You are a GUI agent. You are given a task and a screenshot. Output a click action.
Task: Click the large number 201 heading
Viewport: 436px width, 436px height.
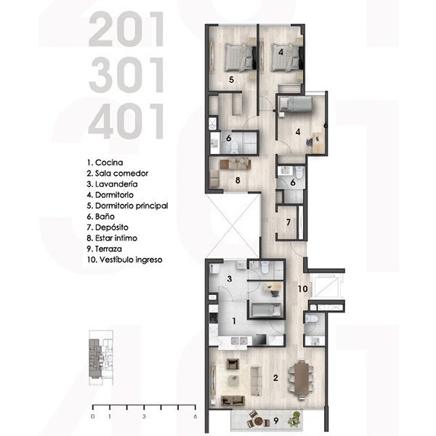tap(126, 29)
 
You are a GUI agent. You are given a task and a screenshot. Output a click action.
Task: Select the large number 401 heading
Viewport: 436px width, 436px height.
tap(126, 121)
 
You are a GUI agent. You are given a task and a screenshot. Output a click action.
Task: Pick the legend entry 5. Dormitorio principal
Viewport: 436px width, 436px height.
tap(127, 206)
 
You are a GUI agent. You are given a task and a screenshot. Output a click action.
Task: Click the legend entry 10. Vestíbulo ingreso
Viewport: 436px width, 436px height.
tap(124, 259)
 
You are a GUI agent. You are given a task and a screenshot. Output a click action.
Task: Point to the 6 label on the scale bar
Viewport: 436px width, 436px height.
tap(195, 416)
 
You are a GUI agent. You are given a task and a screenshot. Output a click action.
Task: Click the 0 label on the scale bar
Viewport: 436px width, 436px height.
tap(93, 416)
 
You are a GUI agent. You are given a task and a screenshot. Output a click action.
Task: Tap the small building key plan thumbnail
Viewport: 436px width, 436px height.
tap(101, 358)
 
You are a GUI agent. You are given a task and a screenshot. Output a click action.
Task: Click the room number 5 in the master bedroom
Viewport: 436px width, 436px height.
tap(231, 80)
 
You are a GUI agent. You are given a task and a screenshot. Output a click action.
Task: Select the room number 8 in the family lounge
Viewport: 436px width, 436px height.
tap(238, 180)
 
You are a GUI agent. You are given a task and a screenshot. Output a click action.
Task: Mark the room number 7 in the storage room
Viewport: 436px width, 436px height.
tap(288, 222)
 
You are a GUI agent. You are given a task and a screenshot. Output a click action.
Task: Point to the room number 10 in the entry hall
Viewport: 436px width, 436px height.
tap(303, 289)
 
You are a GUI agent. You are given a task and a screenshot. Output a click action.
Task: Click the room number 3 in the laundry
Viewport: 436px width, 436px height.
tap(230, 278)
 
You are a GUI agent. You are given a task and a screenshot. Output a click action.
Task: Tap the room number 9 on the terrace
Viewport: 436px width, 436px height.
tap(276, 421)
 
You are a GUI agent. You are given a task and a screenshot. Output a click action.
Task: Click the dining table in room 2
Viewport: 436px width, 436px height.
tap(302, 379)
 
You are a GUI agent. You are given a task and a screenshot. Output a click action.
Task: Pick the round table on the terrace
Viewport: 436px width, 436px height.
tap(259, 421)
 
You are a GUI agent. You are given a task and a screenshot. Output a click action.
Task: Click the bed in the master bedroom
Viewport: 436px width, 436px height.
tap(240, 57)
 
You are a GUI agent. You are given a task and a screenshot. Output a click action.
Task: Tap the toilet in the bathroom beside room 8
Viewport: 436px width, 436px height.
tap(234, 148)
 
